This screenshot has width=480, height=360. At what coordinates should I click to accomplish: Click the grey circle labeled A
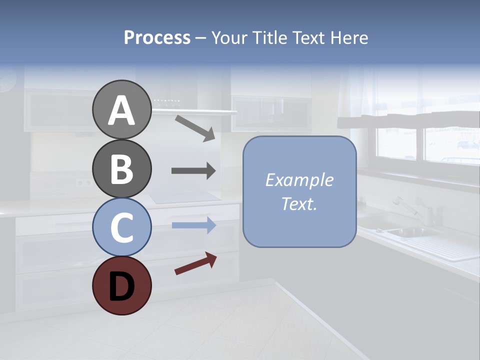point(121,109)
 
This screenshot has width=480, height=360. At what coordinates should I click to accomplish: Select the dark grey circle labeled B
point(121,169)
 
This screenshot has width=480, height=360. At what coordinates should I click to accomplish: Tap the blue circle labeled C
point(121,227)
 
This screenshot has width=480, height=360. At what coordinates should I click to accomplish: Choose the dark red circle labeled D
point(121,285)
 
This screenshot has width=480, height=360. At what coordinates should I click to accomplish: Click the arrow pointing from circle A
point(195,127)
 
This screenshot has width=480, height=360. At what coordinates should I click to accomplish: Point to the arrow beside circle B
point(193,171)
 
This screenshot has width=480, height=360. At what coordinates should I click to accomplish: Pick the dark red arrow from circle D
point(195,263)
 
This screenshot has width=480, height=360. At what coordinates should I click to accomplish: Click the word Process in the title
point(157,38)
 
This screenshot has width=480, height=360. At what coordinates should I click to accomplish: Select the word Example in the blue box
point(299,180)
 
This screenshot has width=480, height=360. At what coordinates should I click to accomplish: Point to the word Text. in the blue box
point(299,203)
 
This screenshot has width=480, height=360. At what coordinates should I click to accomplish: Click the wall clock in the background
point(7,80)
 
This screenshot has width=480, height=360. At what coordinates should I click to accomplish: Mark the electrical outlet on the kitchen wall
point(83,182)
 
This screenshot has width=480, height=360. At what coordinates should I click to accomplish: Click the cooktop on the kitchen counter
point(185,196)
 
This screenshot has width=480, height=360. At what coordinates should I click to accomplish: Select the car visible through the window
point(468,145)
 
